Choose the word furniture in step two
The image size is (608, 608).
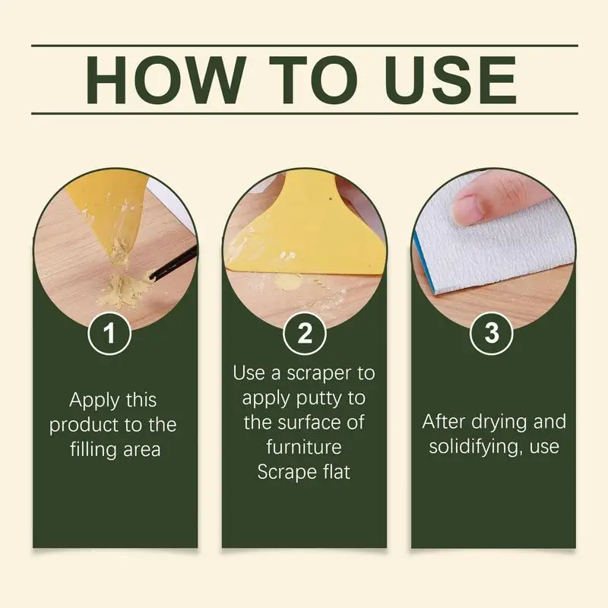[x=303, y=447]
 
